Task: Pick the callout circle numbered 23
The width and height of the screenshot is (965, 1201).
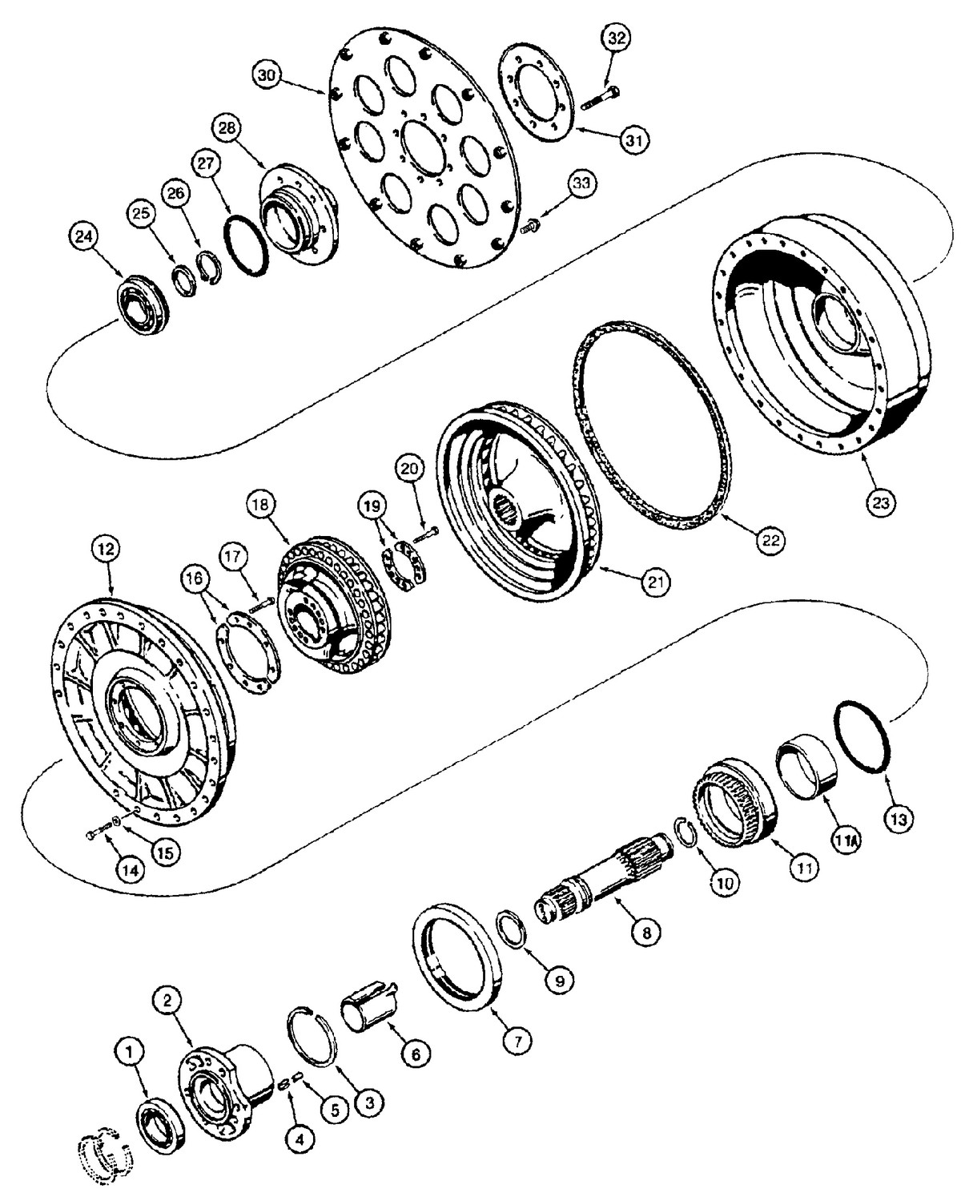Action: [880, 503]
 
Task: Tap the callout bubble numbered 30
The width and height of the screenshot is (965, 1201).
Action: [267, 75]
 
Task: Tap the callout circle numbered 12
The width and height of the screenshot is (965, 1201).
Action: [107, 550]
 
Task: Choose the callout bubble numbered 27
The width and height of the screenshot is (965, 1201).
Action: [207, 163]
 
